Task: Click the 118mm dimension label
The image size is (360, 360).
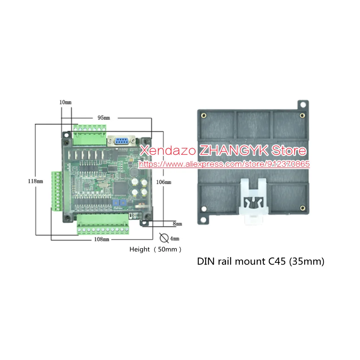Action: pos(35,181)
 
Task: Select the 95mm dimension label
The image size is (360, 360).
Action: pos(104,118)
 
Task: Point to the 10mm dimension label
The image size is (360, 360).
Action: pos(66,102)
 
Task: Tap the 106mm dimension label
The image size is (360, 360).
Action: pos(163,182)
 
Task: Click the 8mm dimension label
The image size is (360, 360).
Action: pos(177,224)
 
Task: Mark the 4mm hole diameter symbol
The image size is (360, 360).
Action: pos(164,238)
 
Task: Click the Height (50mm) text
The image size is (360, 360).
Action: pos(156,249)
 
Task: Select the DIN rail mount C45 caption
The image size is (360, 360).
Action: pos(260,262)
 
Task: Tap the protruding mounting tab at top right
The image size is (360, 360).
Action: pos(303,105)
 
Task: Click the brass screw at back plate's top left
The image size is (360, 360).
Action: pos(204,116)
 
